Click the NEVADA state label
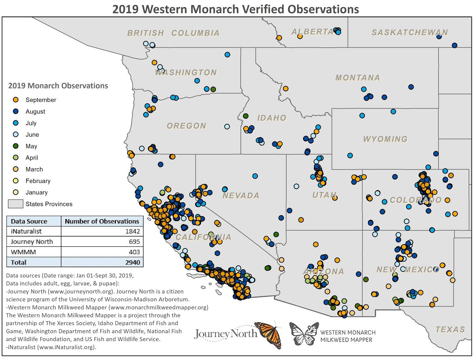tap(241, 195)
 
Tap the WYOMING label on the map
tap(385, 139)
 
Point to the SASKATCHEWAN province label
tap(410, 32)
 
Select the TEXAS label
tap(450, 329)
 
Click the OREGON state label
tap(187, 126)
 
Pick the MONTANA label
tap(357, 77)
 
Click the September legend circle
tap(16, 100)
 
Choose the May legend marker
tap(16, 146)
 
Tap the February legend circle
tap(16, 181)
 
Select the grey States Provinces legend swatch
tap(15, 204)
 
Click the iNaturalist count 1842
tap(132, 231)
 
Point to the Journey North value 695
tap(134, 242)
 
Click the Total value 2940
tap(132, 262)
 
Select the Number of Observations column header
tap(102, 221)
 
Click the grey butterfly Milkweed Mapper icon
tap(304, 333)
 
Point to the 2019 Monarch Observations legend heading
tap(58, 86)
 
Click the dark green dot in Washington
tap(213, 89)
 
